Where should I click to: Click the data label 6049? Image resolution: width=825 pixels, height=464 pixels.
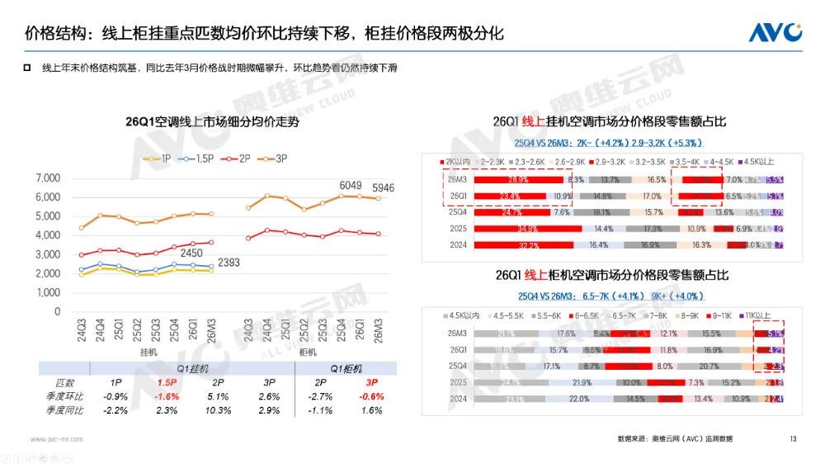[x=351, y=186]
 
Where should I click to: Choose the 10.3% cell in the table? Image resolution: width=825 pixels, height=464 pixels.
[x=218, y=410]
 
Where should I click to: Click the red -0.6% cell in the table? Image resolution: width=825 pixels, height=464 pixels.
[x=373, y=396]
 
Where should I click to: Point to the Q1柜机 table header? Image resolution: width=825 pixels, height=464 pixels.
[x=346, y=368]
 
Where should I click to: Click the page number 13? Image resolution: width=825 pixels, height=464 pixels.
[x=793, y=438]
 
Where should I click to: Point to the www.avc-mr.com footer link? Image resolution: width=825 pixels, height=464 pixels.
[x=57, y=439]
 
